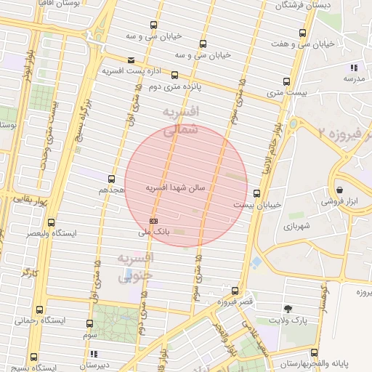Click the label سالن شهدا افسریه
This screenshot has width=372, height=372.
(x=177, y=187)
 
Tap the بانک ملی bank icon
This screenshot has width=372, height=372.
(x=153, y=220)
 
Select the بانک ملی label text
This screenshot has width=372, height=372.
(x=153, y=232)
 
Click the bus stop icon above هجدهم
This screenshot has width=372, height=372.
(x=111, y=178)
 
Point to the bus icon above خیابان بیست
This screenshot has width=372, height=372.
(x=256, y=193)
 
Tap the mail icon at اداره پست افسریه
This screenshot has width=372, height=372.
(x=131, y=60)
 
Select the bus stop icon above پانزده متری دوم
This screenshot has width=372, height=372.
(x=174, y=74)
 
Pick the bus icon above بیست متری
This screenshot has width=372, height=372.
(x=286, y=81)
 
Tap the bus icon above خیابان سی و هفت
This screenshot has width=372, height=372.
(x=303, y=33)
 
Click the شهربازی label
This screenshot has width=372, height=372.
(x=297, y=227)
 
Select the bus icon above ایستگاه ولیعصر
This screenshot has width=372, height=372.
(x=51, y=222)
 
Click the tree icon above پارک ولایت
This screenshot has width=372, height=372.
(x=288, y=308)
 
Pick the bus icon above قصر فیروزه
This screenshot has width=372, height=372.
(x=234, y=291)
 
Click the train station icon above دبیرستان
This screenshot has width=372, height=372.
(x=93, y=354)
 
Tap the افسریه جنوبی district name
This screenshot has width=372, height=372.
(x=135, y=267)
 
